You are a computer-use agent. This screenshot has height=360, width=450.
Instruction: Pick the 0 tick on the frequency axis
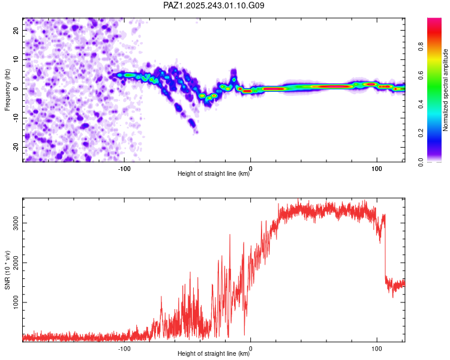coord(17,89)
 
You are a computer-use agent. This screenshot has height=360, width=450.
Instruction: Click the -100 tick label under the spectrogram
coord(124,168)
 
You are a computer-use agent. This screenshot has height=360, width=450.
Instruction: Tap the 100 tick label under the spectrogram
coord(377,168)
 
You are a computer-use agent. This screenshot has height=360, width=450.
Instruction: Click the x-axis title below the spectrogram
coord(214,174)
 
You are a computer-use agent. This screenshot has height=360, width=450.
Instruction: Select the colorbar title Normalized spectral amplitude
coord(445,90)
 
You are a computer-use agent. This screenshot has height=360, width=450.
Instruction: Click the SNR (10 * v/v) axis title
coord(8,269)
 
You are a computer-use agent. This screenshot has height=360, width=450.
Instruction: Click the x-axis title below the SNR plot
coord(214,354)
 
